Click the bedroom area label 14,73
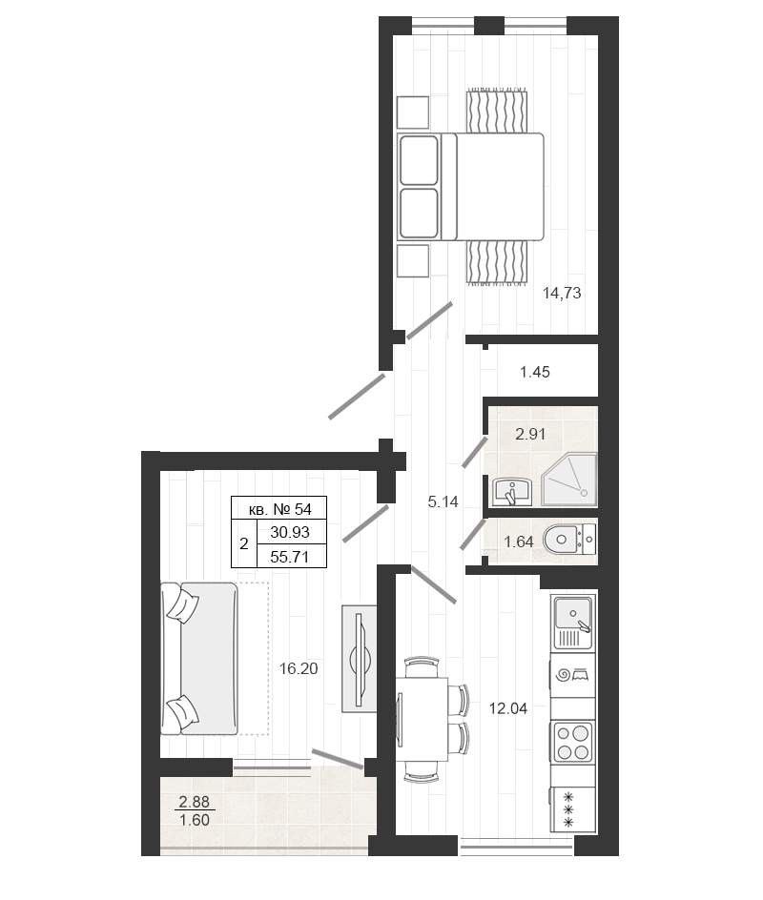[x=562, y=294]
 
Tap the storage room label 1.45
[x=534, y=372]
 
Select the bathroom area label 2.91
[x=530, y=434]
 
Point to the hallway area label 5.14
[x=443, y=501]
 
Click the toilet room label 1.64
[x=519, y=542]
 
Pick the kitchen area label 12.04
[x=507, y=708]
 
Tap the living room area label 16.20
[x=299, y=668]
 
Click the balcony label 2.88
[x=194, y=801]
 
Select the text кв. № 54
[x=280, y=508]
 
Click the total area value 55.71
[x=290, y=557]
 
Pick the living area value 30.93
[x=290, y=532]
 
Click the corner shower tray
[x=569, y=480]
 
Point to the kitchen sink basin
[x=573, y=614]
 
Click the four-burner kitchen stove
[x=573, y=742]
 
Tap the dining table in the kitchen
[x=422, y=719]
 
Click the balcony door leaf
[x=337, y=758]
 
